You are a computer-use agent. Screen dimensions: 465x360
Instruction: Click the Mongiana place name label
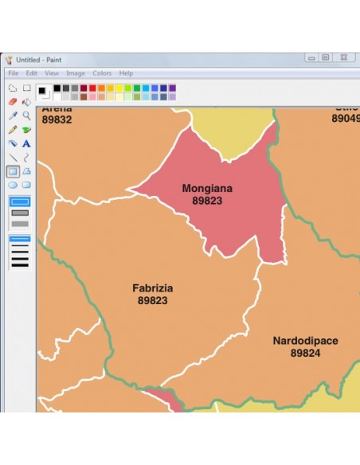[207, 189]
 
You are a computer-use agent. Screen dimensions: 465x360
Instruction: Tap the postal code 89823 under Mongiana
[207, 201]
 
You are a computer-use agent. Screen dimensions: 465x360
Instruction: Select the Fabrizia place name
[153, 288]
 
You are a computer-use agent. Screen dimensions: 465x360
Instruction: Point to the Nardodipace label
[305, 341]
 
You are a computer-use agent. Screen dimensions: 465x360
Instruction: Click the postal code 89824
[305, 353]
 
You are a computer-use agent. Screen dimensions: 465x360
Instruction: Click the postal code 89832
[57, 119]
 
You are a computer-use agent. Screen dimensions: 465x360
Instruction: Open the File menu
[13, 73]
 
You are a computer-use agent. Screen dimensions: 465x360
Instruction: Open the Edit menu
[31, 73]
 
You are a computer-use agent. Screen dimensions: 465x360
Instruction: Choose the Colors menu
[102, 73]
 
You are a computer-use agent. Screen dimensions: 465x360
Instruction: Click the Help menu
[126, 73]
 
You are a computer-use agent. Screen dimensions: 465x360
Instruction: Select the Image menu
[76, 73]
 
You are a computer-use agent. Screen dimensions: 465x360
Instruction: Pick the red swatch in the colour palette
[92, 88]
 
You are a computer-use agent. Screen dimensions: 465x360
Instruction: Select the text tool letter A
[26, 143]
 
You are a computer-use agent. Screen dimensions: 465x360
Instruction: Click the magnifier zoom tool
[26, 115]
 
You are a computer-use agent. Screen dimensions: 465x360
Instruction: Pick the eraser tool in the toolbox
[12, 102]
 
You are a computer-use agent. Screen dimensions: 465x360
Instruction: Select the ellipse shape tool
[12, 185]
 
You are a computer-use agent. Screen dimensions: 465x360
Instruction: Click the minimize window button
[311, 58]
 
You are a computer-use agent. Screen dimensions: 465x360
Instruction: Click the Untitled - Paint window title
[40, 60]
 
